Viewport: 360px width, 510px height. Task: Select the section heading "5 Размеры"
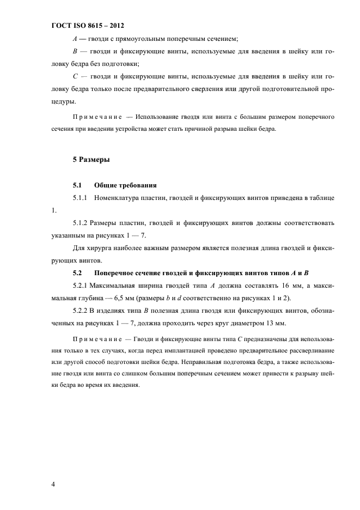[x=91, y=160]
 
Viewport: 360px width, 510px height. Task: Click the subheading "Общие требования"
[x=126, y=184]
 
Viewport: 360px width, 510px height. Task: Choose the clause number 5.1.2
[x=81, y=223]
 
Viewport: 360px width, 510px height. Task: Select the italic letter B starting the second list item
[x=75, y=52]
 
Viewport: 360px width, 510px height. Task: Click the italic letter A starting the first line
[x=75, y=39]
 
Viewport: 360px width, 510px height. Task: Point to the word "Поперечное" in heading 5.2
[x=115, y=272]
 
